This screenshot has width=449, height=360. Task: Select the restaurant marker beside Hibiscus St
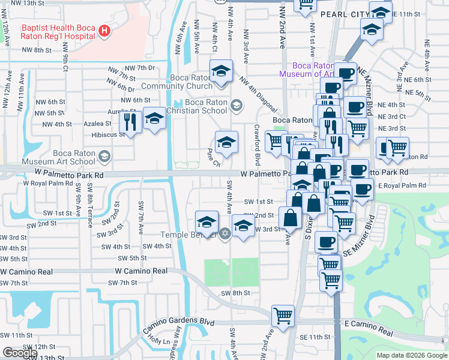131,122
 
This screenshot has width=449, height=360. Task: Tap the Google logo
20,353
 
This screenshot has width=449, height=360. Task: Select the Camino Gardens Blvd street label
178,325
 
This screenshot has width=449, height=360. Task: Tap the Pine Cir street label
214,157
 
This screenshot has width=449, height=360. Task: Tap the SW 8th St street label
235,292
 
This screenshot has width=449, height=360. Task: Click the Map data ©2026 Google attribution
412,355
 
